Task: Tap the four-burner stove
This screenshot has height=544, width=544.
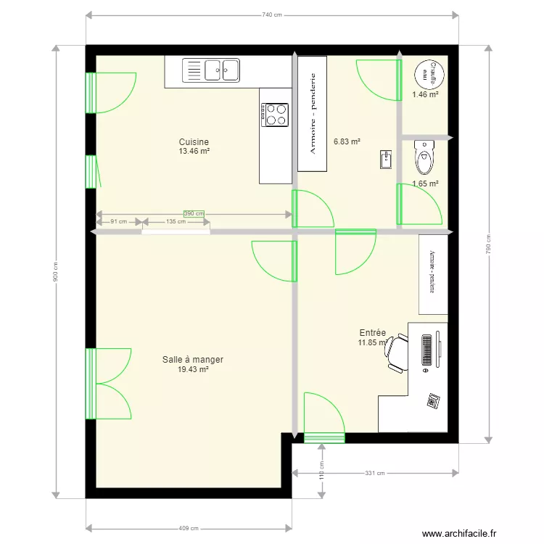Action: coord(275,115)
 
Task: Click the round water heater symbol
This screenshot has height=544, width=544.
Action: coord(425,74)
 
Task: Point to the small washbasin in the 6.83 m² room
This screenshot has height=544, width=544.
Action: coord(384,160)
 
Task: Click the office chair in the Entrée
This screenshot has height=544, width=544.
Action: coord(397,353)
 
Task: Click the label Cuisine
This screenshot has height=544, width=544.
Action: coord(194,142)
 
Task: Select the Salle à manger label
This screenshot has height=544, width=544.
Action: coord(192,359)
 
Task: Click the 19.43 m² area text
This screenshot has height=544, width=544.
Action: coord(193,369)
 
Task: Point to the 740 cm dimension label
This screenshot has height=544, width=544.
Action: coord(271,15)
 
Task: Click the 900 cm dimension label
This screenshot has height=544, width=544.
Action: coord(56,273)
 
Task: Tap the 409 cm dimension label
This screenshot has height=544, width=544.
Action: coord(189,528)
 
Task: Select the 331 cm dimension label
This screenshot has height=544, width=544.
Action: coord(374,473)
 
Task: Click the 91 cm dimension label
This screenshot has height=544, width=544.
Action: coord(118,222)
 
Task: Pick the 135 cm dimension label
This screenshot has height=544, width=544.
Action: coord(176,222)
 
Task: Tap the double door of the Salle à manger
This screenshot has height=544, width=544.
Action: coord(109,384)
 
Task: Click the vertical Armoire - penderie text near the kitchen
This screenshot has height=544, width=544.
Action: coord(313,114)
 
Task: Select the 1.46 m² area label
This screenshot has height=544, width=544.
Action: coord(425,94)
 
